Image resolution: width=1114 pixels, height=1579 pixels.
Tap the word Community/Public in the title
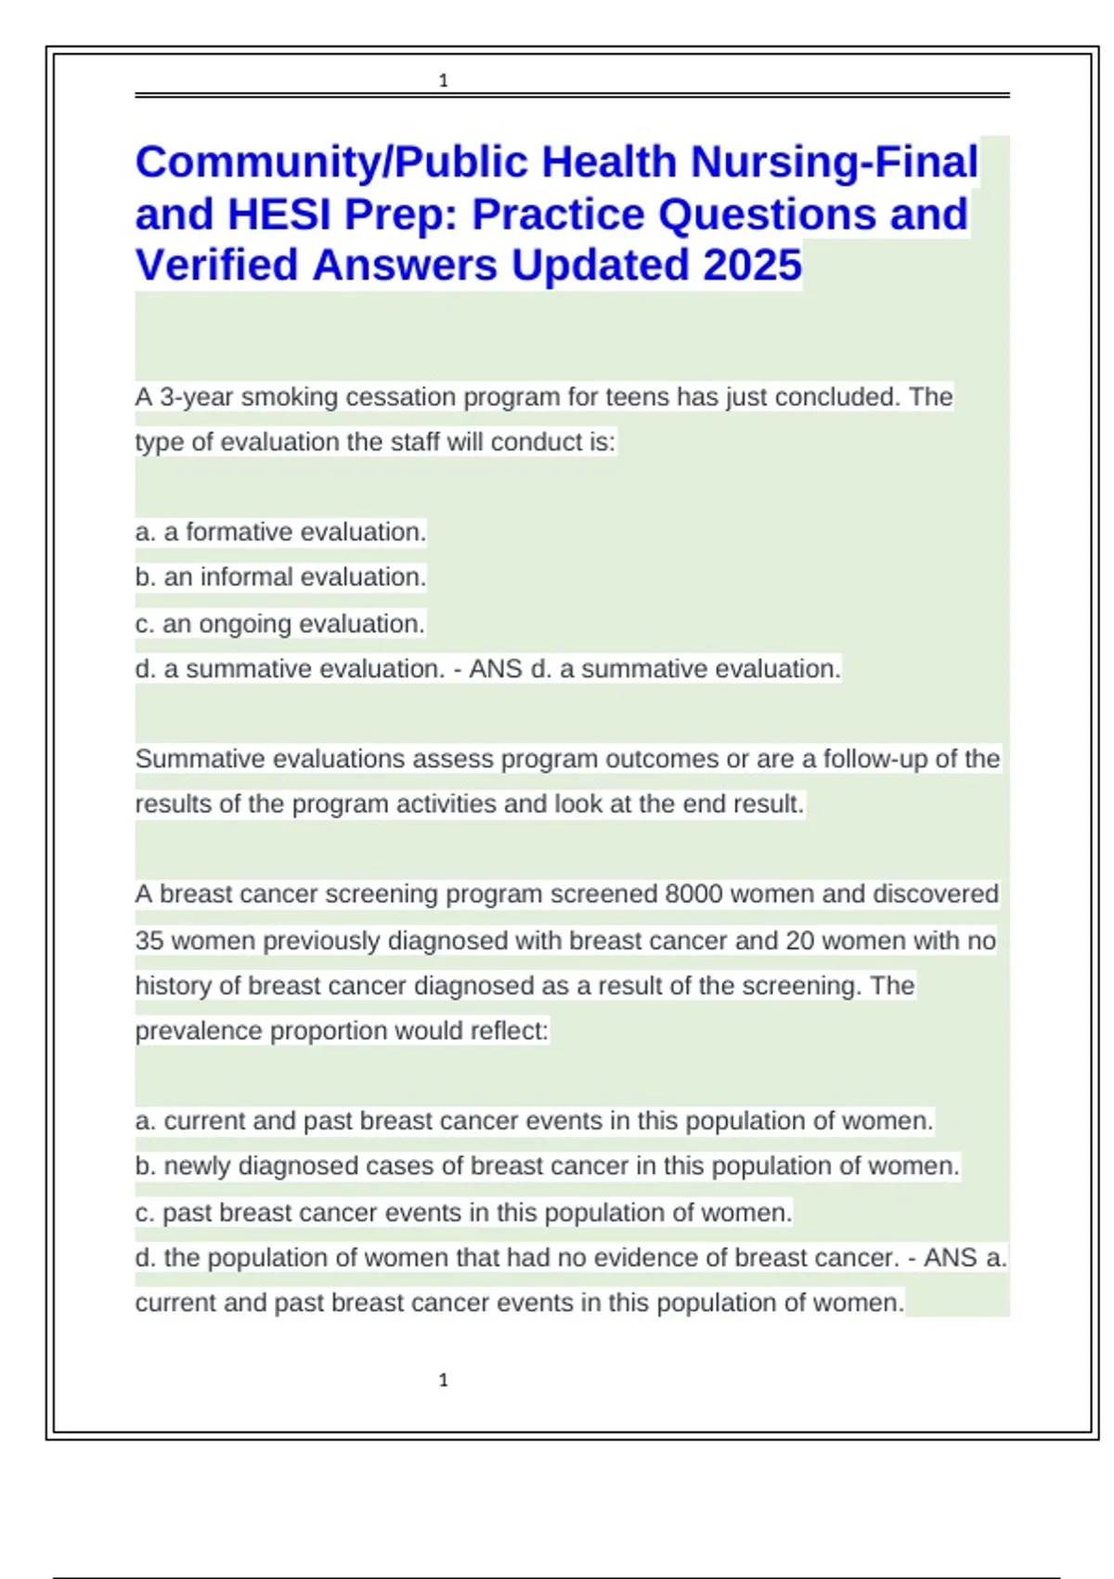[333, 163]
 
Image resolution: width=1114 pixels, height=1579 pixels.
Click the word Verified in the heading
[218, 266]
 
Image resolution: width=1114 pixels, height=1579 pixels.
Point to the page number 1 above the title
[444, 81]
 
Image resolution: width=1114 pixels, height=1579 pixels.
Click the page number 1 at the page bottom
[444, 1380]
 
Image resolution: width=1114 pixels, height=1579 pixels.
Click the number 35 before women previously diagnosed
[149, 941]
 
